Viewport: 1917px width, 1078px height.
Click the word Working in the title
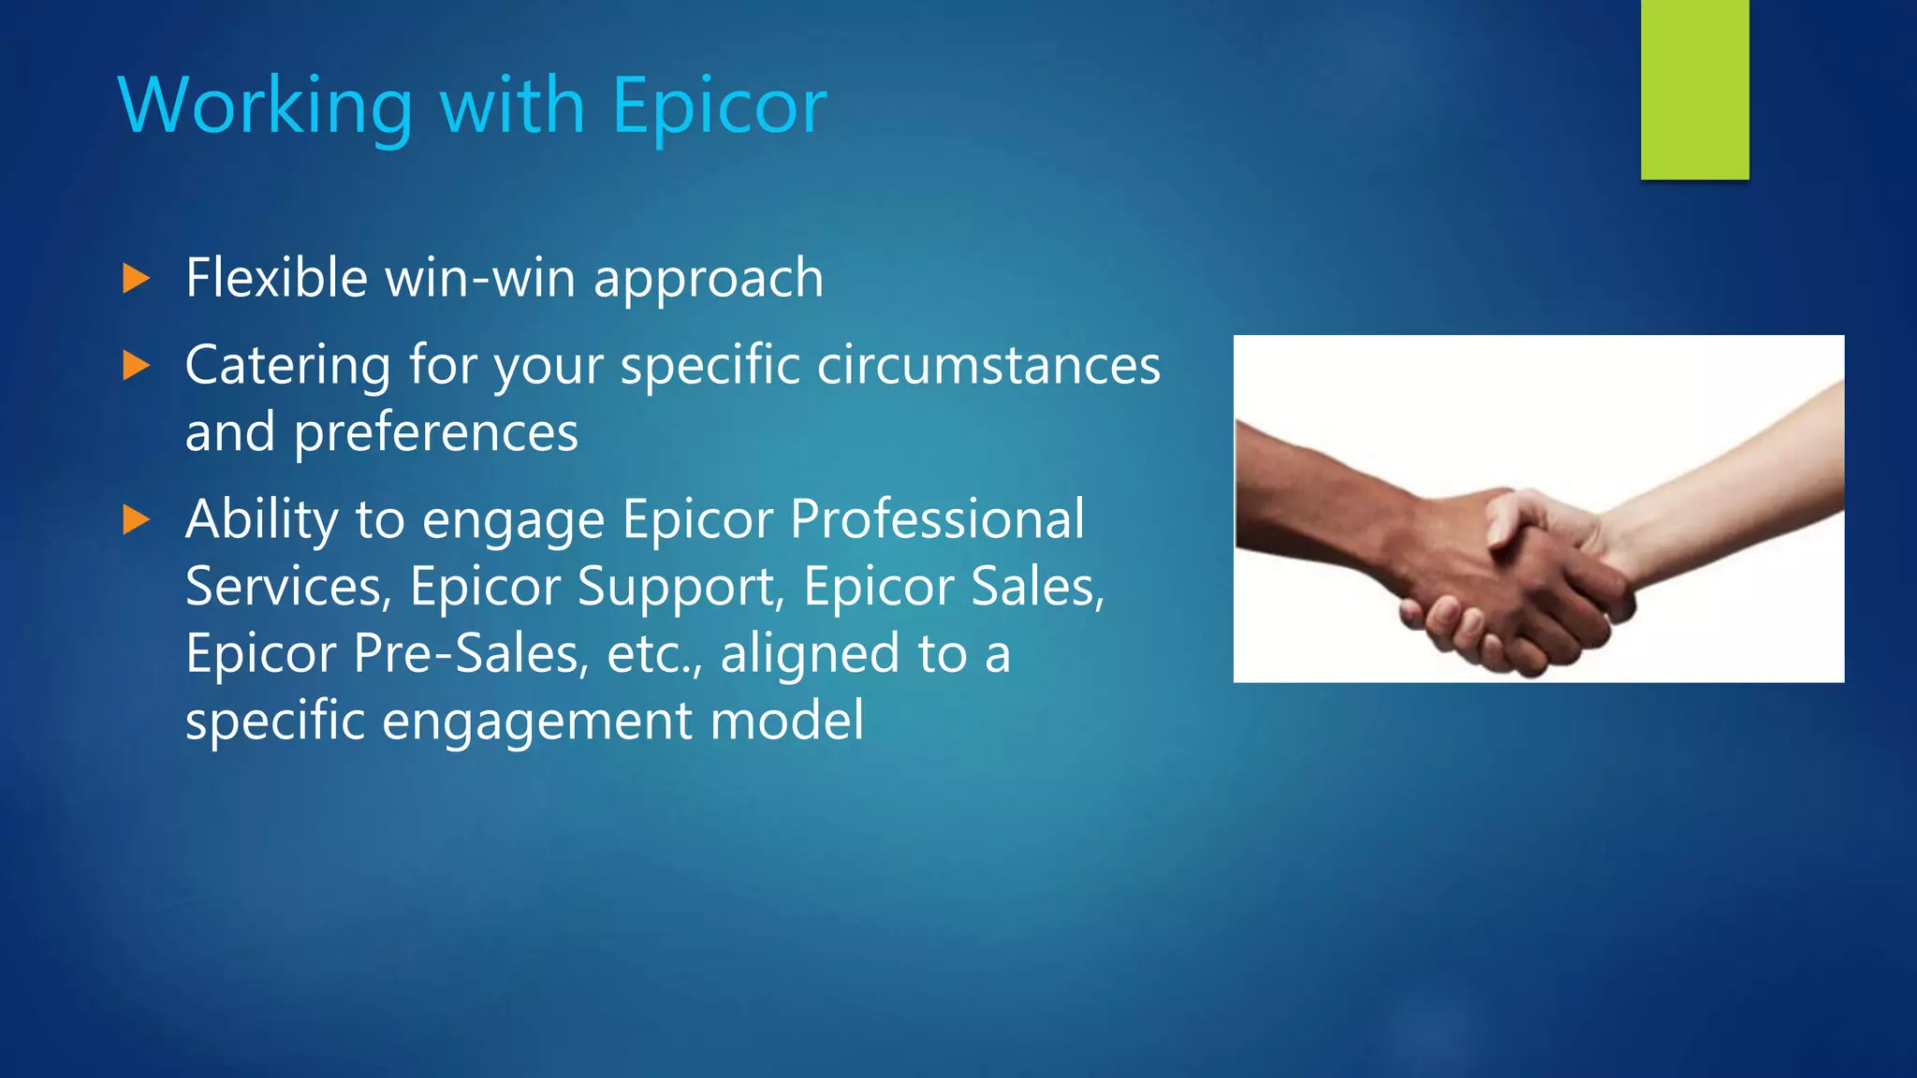click(265, 106)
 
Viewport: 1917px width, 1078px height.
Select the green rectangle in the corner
click(1694, 89)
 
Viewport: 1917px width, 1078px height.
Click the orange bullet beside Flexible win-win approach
click(136, 279)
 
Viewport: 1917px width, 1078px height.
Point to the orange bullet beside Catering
click(136, 366)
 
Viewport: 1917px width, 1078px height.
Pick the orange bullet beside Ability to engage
click(136, 520)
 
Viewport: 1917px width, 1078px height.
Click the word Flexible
click(276, 278)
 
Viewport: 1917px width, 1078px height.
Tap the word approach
click(708, 280)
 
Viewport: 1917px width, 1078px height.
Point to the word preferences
click(435, 433)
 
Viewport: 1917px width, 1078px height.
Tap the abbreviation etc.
click(652, 654)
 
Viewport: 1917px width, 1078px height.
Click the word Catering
click(287, 366)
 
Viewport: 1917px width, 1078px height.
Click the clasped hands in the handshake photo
click(1516, 580)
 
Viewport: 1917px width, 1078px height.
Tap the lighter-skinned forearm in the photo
click(1732, 487)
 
